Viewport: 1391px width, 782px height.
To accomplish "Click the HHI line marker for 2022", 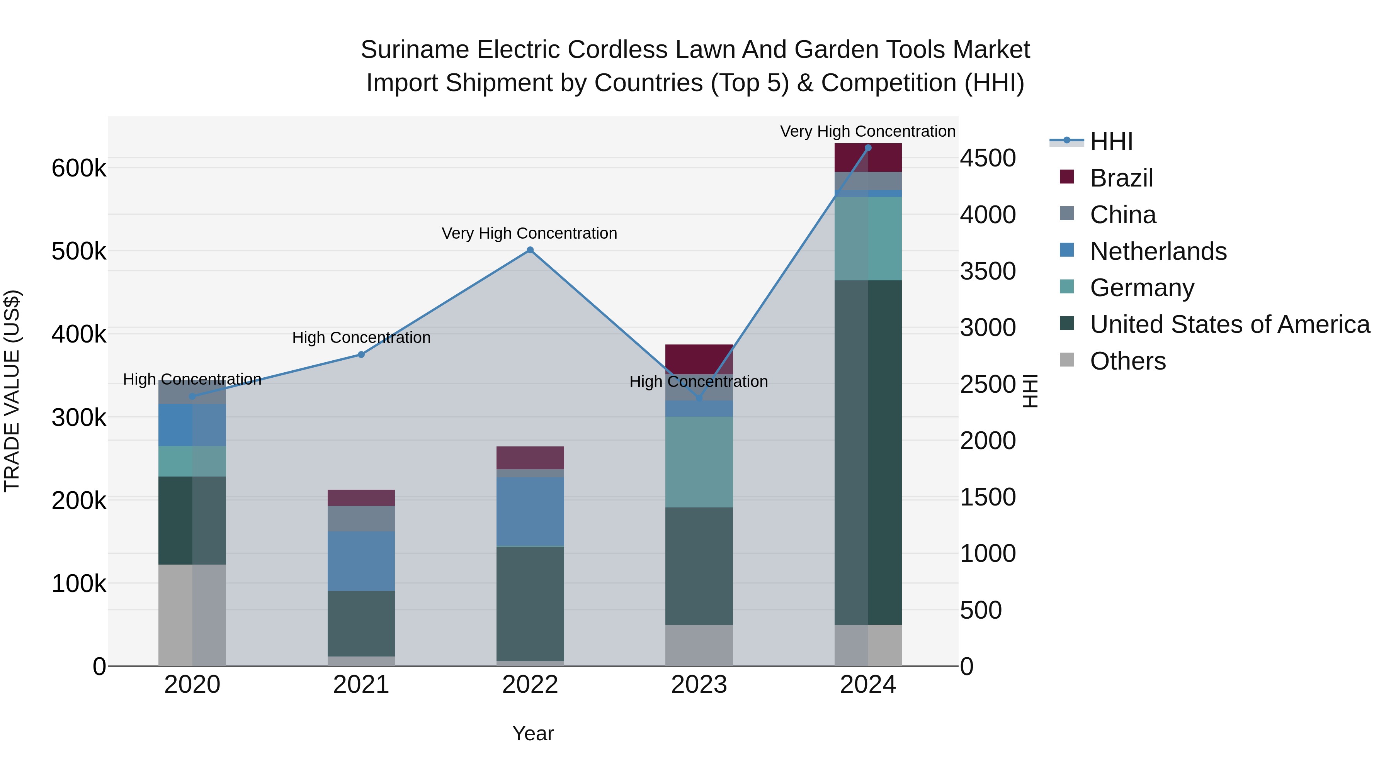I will (530, 250).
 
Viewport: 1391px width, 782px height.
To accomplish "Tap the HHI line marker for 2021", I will (361, 355).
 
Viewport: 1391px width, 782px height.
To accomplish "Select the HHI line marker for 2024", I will (868, 148).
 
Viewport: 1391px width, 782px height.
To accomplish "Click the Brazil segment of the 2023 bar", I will (699, 359).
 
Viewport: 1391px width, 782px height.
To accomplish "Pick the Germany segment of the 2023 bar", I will (699, 461).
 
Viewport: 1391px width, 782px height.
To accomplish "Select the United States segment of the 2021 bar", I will (361, 623).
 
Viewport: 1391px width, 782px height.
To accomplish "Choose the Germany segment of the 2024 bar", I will (868, 239).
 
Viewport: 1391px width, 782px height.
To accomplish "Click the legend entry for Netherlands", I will (1158, 251).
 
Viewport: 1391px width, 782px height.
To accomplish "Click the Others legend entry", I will (1127, 361).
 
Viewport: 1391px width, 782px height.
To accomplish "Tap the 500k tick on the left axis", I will (79, 251).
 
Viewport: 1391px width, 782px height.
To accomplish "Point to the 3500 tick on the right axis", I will (988, 271).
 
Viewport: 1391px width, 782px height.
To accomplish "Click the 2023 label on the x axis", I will (699, 685).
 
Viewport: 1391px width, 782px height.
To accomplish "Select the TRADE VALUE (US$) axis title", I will (12, 391).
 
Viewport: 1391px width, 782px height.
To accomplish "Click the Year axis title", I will (533, 733).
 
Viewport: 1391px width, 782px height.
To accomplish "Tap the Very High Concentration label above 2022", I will (529, 233).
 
